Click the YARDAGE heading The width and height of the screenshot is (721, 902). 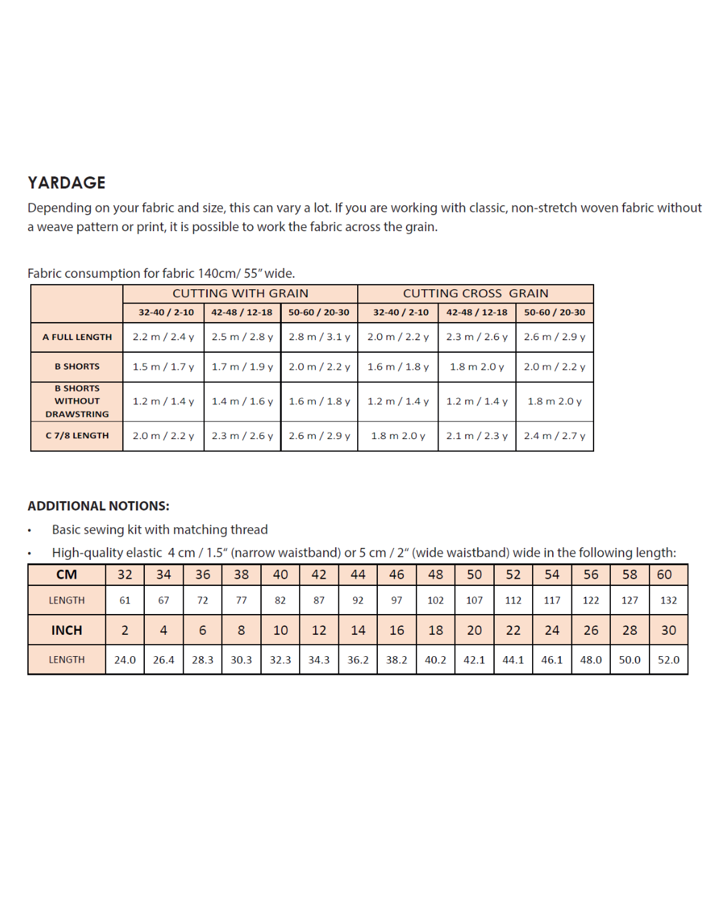coord(67,182)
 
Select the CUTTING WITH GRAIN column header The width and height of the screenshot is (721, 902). coord(240,293)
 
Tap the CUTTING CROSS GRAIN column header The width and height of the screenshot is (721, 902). coord(475,293)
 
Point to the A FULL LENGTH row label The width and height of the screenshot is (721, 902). coord(77,337)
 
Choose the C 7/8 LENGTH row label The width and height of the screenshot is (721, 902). coord(77,436)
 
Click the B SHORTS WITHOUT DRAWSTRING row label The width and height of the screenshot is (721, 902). coord(77,401)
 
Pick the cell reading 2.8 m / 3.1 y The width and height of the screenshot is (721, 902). coord(319,337)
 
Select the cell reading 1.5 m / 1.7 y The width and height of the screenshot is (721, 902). coord(163,367)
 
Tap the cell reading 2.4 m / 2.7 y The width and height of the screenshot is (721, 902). coord(554,436)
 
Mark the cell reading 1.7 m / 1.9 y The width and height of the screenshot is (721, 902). coord(242,367)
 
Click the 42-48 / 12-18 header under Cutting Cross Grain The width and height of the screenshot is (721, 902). coord(477,312)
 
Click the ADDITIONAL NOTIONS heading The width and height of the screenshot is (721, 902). coord(98,506)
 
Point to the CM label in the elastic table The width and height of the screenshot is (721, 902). coord(67,575)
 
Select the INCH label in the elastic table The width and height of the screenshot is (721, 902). coord(67,630)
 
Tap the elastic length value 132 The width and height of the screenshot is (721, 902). coord(668,600)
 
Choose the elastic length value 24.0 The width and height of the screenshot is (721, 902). coord(125,659)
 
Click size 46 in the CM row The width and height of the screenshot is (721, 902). coord(397,575)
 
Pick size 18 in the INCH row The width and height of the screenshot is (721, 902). coord(435,630)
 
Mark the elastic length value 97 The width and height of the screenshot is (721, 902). coord(397,600)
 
